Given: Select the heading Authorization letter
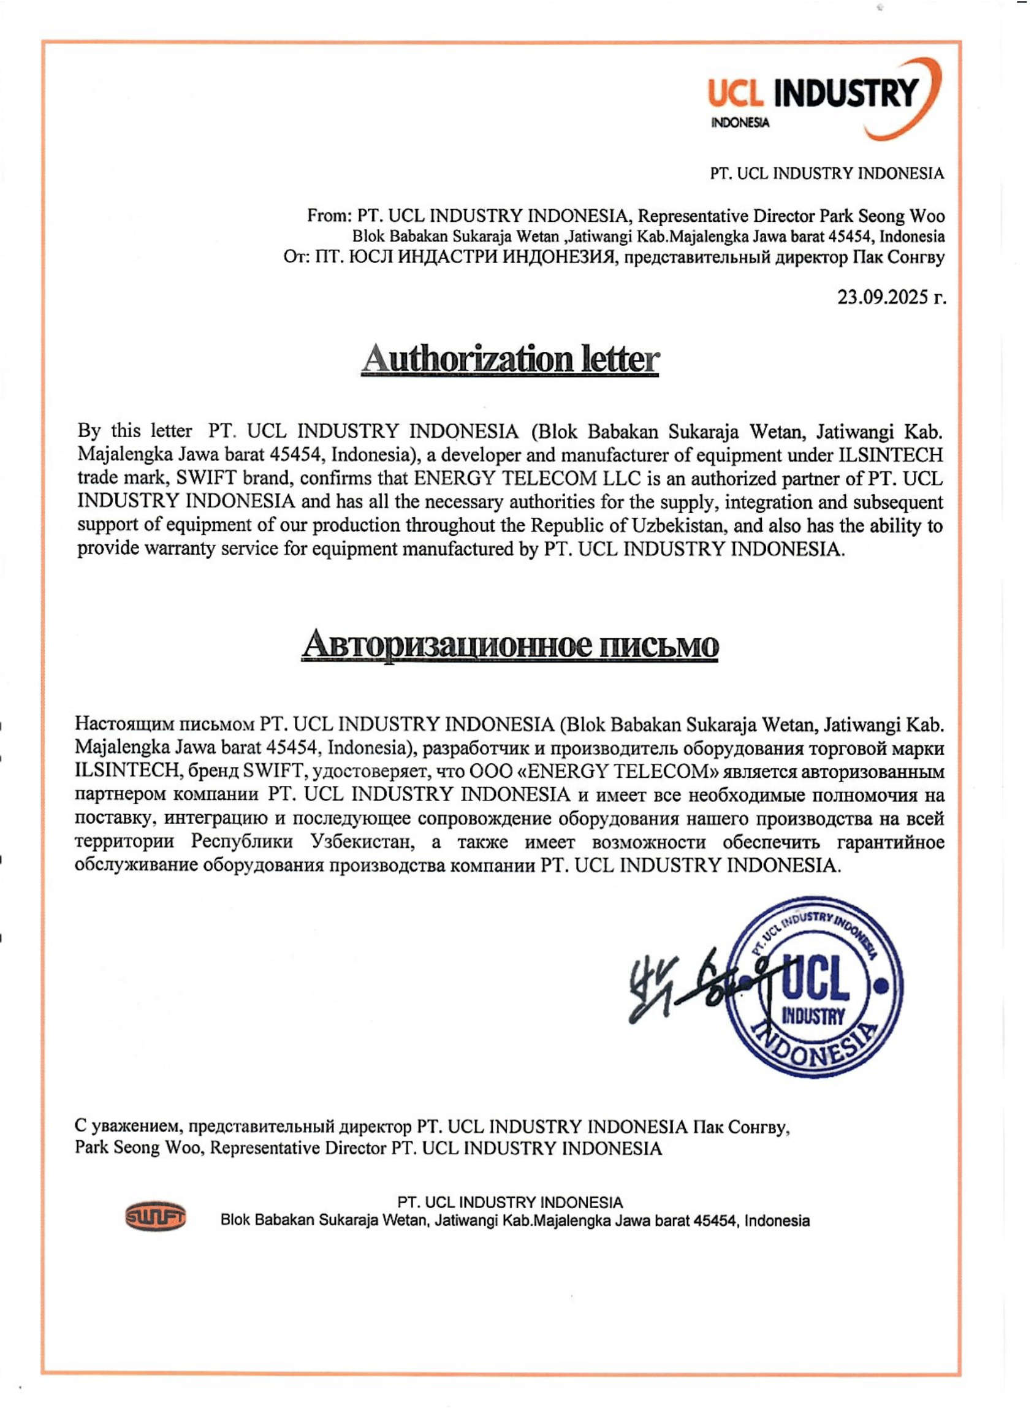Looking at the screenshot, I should coord(510,359).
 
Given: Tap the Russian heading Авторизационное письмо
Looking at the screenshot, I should coord(509,645).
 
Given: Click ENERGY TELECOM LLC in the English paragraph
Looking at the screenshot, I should coord(527,479).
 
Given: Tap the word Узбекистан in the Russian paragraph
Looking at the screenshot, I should coord(362,842).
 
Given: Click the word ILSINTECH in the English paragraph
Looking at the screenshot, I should coord(891,455).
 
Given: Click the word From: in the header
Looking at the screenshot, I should coord(329,216).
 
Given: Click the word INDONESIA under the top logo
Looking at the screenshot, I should coord(740,123).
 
